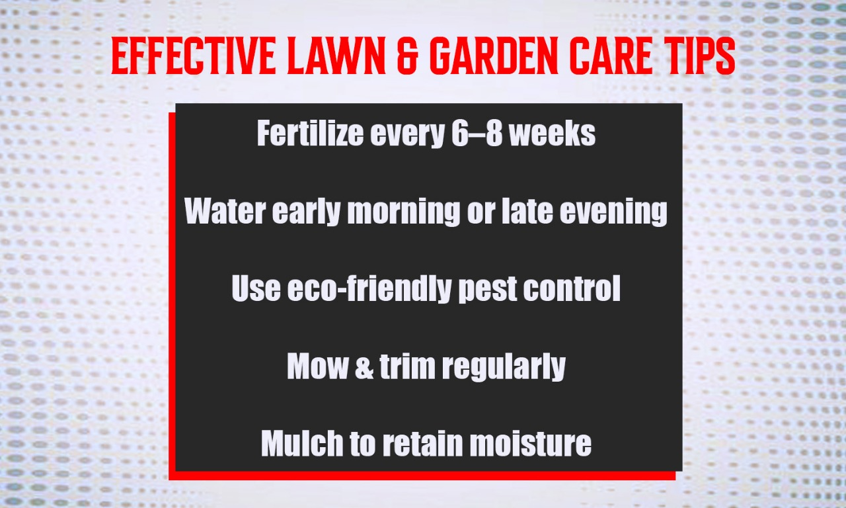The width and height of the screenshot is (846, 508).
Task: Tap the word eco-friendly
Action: (369, 290)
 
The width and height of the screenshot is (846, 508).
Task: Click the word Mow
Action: (315, 366)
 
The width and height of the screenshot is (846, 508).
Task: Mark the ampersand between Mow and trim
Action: (364, 366)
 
